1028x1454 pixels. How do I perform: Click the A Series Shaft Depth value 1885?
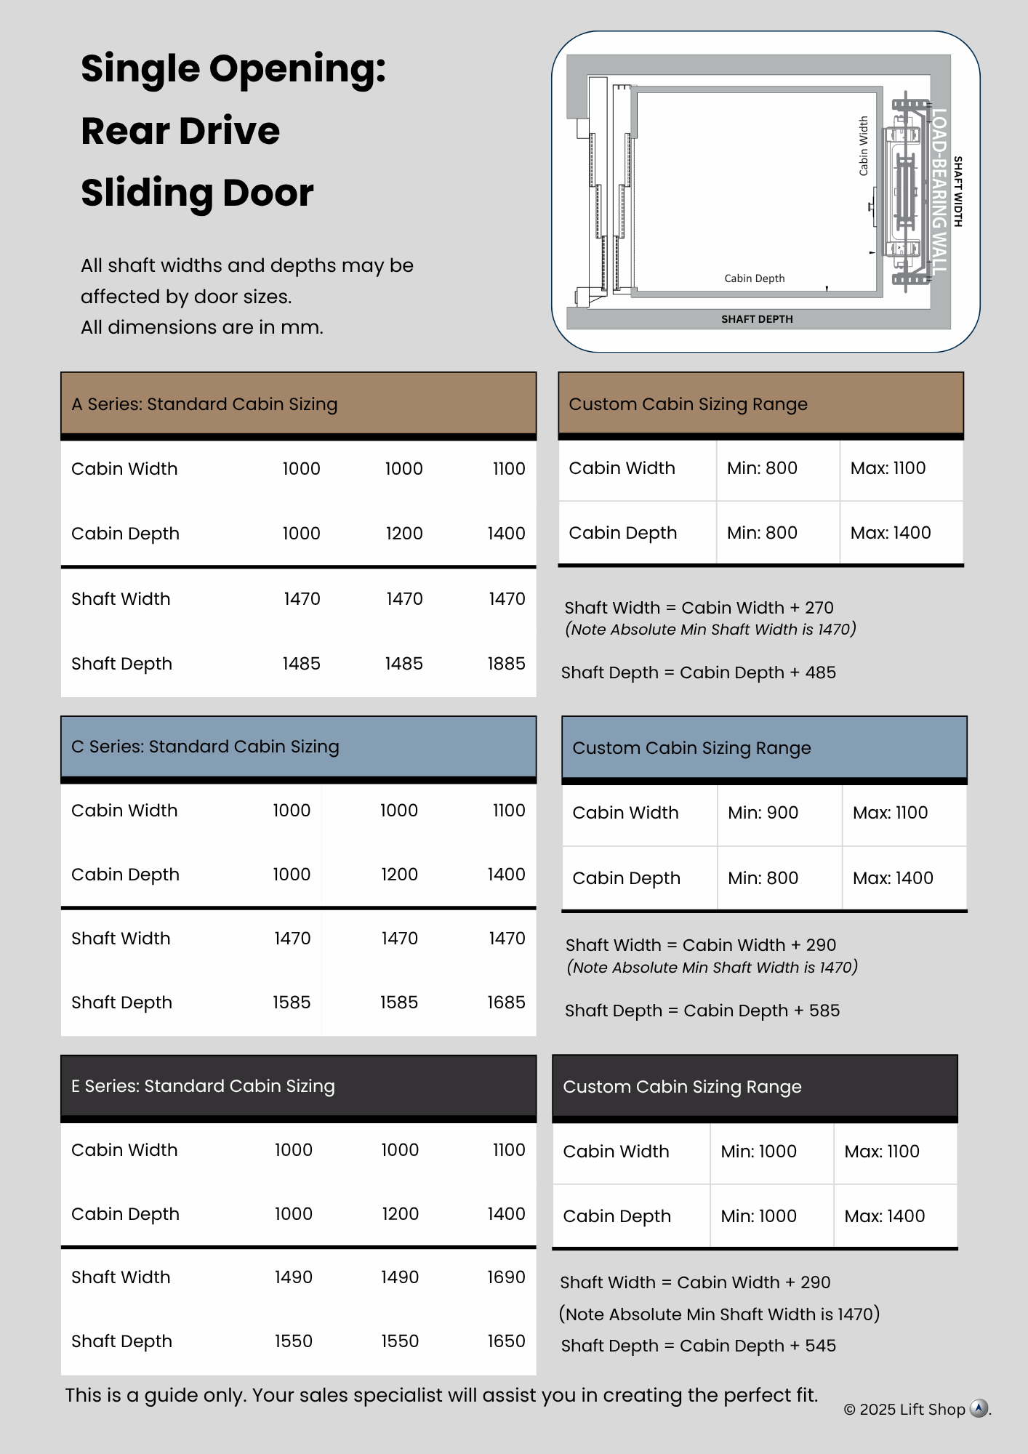click(x=506, y=664)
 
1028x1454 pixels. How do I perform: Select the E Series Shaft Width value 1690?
click(x=506, y=1277)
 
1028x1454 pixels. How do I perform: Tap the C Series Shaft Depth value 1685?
click(x=506, y=1003)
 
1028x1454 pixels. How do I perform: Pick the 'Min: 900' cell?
click(x=763, y=813)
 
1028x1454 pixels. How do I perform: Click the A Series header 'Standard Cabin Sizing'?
click(x=204, y=404)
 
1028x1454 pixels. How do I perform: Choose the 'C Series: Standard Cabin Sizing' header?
click(x=205, y=747)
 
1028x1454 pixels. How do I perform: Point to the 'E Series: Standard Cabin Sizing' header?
click(x=203, y=1086)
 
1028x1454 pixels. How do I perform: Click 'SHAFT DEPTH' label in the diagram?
click(x=757, y=319)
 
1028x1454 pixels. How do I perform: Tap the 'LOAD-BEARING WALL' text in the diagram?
click(x=939, y=190)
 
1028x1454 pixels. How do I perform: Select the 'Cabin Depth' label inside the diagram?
click(x=755, y=278)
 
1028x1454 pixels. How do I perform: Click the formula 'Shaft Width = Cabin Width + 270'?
click(x=699, y=608)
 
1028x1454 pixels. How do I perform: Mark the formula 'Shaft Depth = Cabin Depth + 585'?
click(x=702, y=1011)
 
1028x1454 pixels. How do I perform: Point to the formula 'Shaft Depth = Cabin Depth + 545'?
click(x=698, y=1346)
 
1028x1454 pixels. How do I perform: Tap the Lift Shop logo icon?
click(x=979, y=1409)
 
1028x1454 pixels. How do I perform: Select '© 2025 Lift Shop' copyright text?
click(x=904, y=1410)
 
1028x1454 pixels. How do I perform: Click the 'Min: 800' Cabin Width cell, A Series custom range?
click(x=762, y=468)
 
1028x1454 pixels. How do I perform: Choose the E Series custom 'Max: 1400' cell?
click(x=885, y=1216)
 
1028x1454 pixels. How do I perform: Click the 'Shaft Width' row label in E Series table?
click(x=121, y=1277)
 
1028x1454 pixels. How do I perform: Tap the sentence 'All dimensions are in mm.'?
click(x=202, y=327)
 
